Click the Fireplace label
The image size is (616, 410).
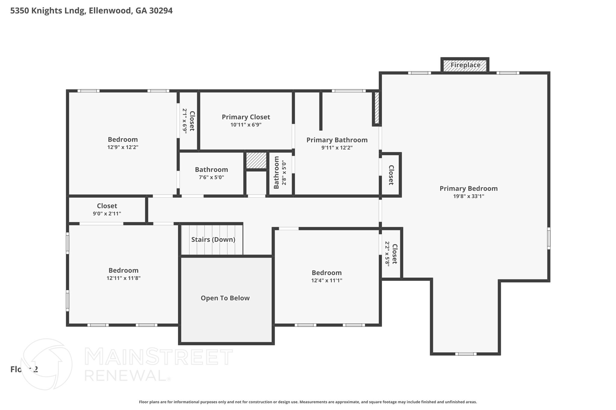coord(465,65)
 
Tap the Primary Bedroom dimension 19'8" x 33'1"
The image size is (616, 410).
coord(469,196)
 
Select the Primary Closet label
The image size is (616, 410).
coord(246,117)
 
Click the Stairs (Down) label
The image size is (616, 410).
coord(213,239)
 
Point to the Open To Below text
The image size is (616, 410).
coord(225,298)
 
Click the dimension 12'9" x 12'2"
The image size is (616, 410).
coord(123,147)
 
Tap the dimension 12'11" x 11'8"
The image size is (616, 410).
coord(123,278)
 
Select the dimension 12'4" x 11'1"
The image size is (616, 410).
coord(326,281)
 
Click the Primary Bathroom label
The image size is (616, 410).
coord(337,140)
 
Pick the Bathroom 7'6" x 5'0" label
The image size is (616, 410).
coord(211,170)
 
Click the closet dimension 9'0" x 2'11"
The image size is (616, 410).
coord(107,214)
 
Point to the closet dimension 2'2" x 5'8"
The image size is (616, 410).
coord(387,254)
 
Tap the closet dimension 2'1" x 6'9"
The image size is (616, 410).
coord(185,121)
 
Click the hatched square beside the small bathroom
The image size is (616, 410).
coord(256,160)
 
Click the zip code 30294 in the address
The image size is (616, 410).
coord(161,11)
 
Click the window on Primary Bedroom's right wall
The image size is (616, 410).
coord(549,238)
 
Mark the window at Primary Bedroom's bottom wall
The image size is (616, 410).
coord(466,354)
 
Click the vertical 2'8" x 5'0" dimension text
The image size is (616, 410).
coord(284,172)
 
